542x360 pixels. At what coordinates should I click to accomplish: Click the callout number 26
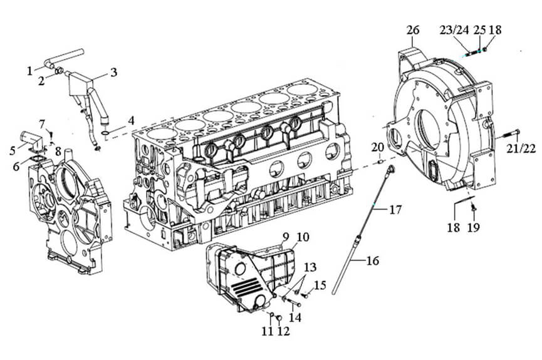pos(413,30)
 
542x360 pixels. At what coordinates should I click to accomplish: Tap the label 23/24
pos(454,30)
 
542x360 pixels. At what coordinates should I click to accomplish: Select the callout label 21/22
pos(521,148)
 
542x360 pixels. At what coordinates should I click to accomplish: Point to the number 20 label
pos(378,148)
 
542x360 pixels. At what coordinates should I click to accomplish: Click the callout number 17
pos(395,209)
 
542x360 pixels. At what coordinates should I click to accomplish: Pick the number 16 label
pos(373,260)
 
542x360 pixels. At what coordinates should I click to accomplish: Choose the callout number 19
pos(474,227)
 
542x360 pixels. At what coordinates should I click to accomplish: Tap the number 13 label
pos(310,267)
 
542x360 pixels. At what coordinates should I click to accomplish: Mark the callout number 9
pos(286,237)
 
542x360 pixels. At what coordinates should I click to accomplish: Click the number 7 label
pos(42,123)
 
